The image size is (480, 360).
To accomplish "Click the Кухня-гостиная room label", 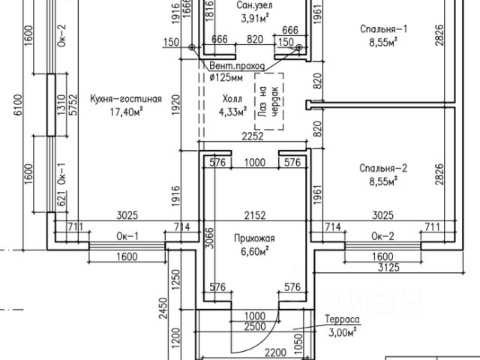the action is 125,99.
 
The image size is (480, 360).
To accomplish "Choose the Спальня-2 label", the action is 382,168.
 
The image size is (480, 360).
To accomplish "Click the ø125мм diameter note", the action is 226,76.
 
